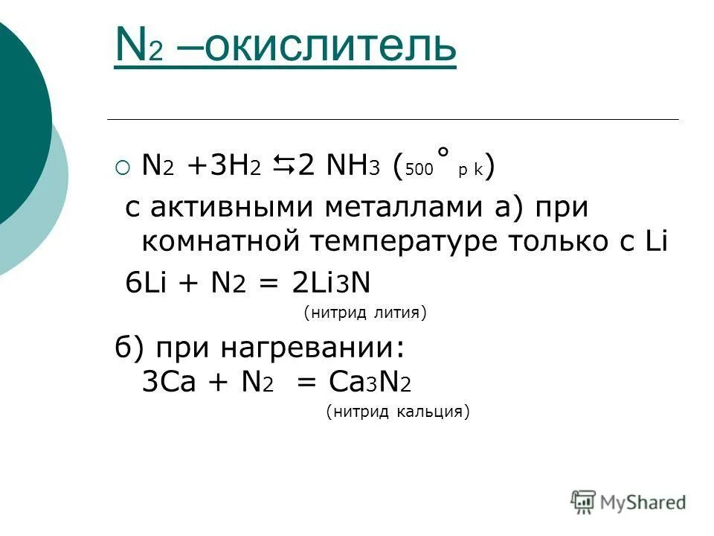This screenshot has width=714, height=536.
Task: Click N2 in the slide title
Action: coord(139,48)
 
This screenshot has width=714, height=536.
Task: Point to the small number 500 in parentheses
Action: coord(419,170)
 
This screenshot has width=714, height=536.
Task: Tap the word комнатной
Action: coord(213,241)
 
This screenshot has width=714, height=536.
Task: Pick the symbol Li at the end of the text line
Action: coord(654,240)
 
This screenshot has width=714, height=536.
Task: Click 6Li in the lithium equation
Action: coord(146,283)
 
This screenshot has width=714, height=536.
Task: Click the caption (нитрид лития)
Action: coord(364,314)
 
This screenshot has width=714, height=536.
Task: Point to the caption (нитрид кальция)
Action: coord(398,412)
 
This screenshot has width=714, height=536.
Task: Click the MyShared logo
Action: coord(628,501)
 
